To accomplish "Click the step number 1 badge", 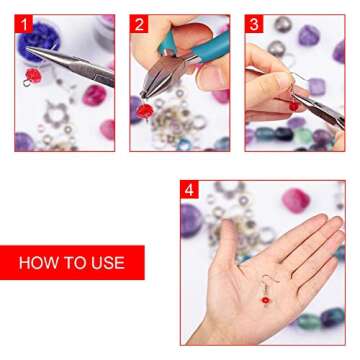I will (23, 24).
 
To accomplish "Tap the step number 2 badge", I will (139, 24).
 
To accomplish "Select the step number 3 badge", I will (254, 24).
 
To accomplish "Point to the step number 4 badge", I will (189, 190).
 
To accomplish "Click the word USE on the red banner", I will (106, 263).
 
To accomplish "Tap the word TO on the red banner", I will (73, 263).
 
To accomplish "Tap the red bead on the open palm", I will (265, 299).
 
